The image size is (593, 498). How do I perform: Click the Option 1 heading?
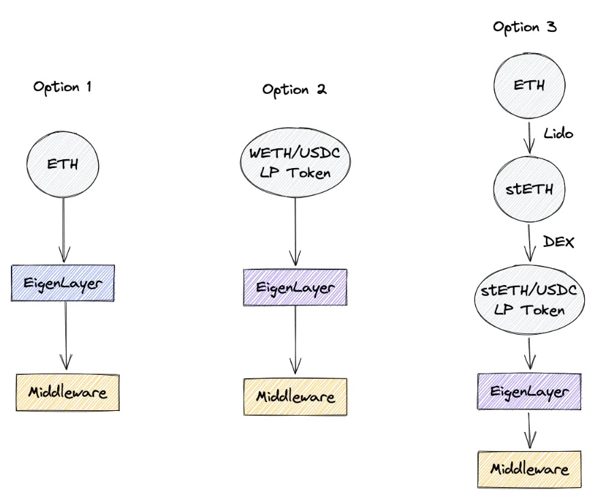point(63,87)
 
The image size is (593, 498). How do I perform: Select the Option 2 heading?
point(294,90)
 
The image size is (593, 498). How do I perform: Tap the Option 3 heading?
point(524,27)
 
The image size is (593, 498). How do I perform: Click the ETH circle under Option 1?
point(63,165)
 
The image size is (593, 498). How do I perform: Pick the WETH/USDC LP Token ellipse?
point(295,163)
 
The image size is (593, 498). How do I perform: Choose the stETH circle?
point(529,189)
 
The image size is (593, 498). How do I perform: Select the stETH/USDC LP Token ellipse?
point(530,299)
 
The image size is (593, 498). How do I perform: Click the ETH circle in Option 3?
point(529,86)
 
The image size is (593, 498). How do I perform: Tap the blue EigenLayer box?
point(63,283)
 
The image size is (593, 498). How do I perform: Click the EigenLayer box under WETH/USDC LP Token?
point(295,287)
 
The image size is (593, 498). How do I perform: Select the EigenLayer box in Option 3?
point(529,391)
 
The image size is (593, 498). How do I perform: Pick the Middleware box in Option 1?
point(67,393)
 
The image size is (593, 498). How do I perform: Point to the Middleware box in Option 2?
point(295,397)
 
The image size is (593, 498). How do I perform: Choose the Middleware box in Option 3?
point(530,469)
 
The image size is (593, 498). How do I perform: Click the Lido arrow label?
point(558,133)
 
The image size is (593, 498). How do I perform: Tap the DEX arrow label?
point(558,242)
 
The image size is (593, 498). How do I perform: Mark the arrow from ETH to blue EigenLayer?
point(63,230)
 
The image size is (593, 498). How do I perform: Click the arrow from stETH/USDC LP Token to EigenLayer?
point(530,354)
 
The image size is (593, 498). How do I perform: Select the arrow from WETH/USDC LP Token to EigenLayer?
point(295,231)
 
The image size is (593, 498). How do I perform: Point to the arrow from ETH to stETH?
point(529,138)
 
